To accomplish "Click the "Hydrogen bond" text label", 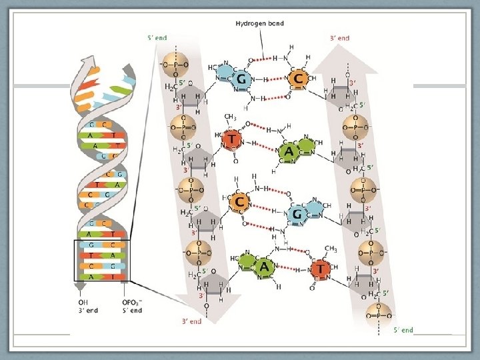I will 259,23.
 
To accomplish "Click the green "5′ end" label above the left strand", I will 157,38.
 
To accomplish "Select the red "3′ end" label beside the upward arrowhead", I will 339,38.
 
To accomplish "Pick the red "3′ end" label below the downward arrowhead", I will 191,321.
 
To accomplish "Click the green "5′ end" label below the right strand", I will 403,329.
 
